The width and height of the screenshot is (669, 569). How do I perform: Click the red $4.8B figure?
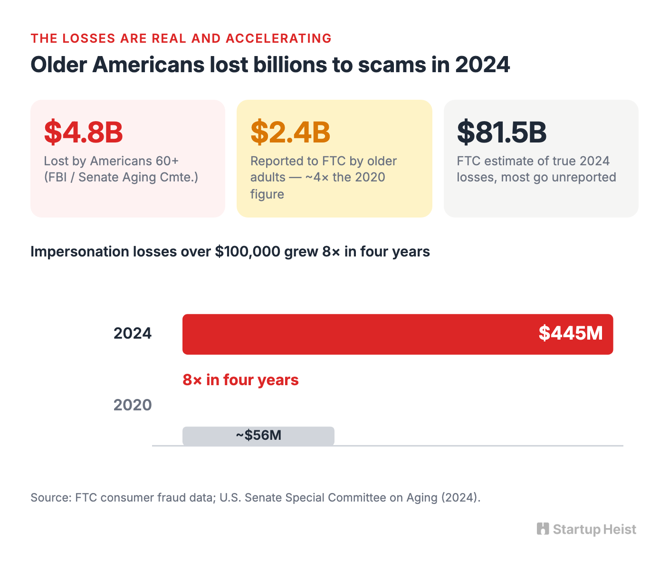point(84,132)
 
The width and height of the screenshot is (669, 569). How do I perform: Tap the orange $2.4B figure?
point(290,132)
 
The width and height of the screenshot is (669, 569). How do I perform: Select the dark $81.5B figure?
point(502,132)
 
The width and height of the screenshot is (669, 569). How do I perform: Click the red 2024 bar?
point(398,334)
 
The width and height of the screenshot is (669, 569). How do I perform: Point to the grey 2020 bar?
point(258,436)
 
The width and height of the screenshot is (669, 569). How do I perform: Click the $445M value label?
point(571,333)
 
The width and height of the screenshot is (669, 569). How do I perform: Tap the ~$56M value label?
point(258,435)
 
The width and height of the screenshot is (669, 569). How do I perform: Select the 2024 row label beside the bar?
point(133,333)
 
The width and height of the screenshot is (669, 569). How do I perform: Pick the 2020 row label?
point(133,405)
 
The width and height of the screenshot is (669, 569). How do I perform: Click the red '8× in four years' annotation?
point(240,380)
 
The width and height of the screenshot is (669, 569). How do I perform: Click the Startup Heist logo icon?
point(543,529)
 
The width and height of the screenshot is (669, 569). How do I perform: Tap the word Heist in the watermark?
point(620,529)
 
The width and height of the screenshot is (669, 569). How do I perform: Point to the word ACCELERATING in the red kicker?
point(278,38)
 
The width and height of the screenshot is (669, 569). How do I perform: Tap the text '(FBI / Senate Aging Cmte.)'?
point(121,178)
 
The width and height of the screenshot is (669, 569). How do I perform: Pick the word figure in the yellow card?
point(267,194)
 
